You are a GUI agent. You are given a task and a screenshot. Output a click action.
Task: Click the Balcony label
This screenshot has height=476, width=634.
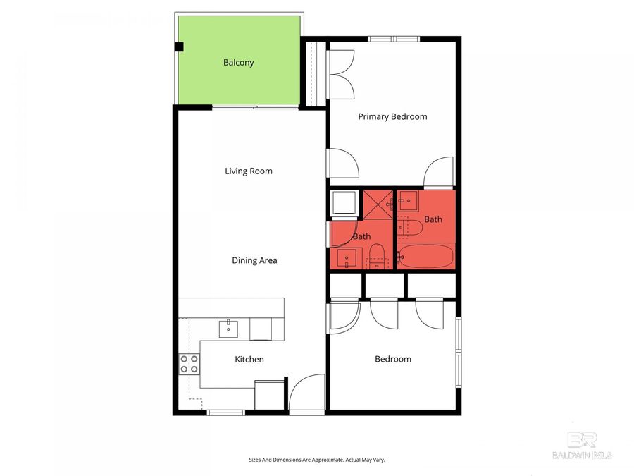pyautogui.click(x=238, y=63)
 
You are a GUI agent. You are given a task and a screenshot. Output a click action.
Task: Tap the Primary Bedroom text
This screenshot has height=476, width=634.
pyautogui.click(x=392, y=116)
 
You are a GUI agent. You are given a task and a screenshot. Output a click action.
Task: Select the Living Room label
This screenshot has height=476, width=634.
pyautogui.click(x=248, y=171)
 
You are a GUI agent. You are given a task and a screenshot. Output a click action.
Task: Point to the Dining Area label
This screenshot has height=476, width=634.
pyautogui.click(x=254, y=260)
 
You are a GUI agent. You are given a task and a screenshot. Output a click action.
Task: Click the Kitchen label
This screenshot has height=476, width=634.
pyautogui.click(x=249, y=359)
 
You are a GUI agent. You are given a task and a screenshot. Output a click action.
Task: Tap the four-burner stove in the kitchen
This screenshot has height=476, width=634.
pyautogui.click(x=189, y=364)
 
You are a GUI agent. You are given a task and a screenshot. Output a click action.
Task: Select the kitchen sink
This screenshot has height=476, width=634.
pyautogui.click(x=229, y=328)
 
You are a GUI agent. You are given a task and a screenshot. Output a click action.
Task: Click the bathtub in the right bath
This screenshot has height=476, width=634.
pyautogui.click(x=425, y=257)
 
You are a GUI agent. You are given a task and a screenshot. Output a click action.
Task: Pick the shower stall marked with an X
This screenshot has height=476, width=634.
pyautogui.click(x=378, y=204)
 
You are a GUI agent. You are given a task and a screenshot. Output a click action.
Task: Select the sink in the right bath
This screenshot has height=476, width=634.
pyautogui.click(x=408, y=201)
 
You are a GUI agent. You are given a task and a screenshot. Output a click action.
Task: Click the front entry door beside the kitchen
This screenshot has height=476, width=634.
pyautogui.click(x=306, y=394)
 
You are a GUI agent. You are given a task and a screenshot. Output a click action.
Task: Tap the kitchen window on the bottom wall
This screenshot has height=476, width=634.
pyautogui.click(x=225, y=412)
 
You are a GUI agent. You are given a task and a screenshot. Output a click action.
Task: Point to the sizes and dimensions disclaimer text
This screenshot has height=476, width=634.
pyautogui.click(x=316, y=460)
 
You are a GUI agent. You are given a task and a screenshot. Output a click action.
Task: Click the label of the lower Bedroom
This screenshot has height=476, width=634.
pyautogui.click(x=392, y=359)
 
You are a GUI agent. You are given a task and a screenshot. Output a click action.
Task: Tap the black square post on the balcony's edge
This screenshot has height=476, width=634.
pyautogui.click(x=178, y=47)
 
